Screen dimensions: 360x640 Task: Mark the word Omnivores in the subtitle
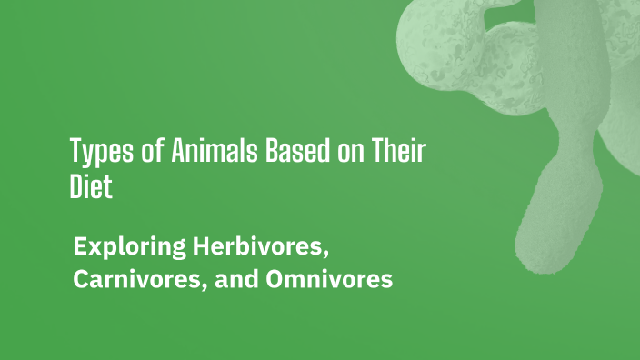[329, 280]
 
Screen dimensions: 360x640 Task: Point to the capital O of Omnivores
[275, 280]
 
